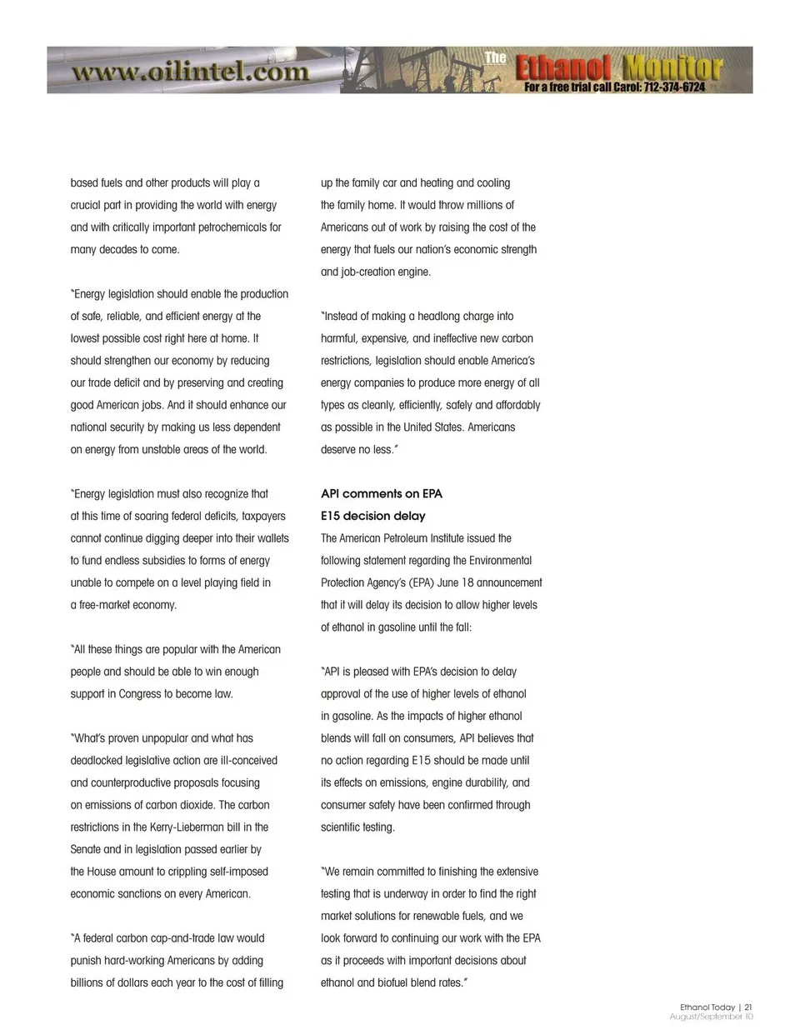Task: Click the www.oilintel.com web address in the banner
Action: (x=191, y=72)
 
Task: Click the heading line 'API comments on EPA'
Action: (x=382, y=494)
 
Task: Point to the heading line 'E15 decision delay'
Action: (x=373, y=516)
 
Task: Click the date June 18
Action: (x=454, y=583)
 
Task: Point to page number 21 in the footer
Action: (x=748, y=1007)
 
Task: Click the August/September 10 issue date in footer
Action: (x=711, y=1017)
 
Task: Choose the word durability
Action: (x=481, y=783)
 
